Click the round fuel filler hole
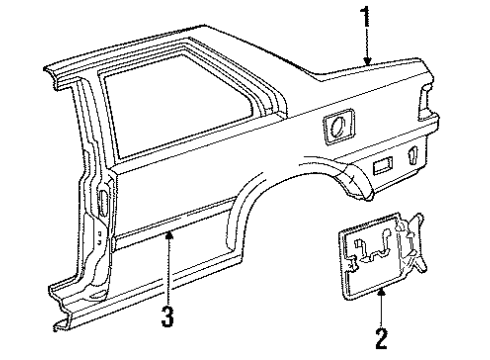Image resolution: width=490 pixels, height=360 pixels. point(338,127)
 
